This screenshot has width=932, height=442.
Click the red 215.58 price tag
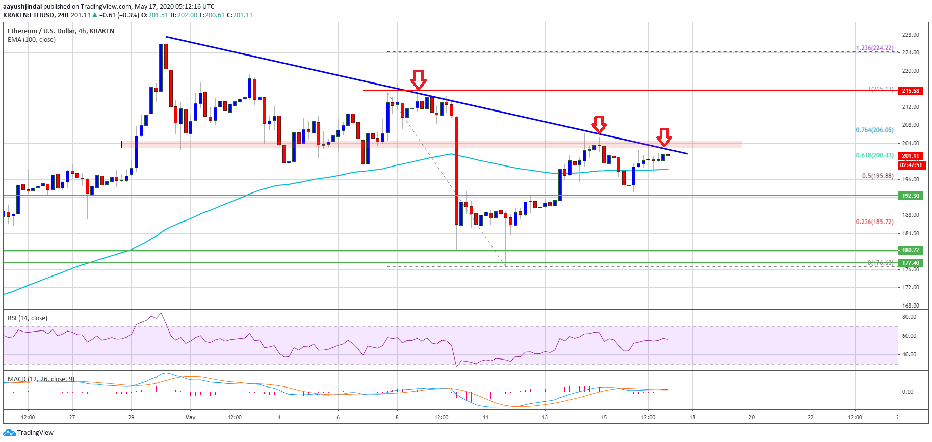click(x=910, y=91)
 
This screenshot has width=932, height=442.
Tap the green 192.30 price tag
click(x=910, y=196)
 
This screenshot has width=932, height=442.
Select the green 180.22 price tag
click(x=910, y=250)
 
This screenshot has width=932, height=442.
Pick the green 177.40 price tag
click(x=910, y=263)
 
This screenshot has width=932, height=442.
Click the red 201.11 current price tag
click(x=910, y=156)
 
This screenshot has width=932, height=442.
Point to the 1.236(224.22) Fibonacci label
click(x=874, y=48)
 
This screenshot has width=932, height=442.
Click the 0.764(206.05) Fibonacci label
click(x=874, y=130)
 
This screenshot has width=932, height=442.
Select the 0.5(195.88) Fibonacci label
click(x=877, y=176)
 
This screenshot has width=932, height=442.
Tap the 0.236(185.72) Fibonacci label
click(x=874, y=222)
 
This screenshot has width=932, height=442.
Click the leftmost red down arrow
click(x=419, y=79)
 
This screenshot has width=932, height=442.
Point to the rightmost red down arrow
click(x=664, y=136)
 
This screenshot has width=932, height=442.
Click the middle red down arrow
click(x=599, y=124)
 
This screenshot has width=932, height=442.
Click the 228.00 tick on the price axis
click(x=910, y=35)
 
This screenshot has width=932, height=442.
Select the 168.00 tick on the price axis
click(x=910, y=306)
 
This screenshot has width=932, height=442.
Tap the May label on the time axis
click(x=190, y=417)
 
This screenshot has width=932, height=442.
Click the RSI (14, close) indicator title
click(x=28, y=318)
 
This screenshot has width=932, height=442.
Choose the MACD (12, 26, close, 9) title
click(x=41, y=379)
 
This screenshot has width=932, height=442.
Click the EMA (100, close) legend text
click(x=32, y=39)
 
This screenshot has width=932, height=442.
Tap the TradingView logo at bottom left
click(x=29, y=432)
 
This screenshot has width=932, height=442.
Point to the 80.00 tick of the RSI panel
click(x=909, y=317)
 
